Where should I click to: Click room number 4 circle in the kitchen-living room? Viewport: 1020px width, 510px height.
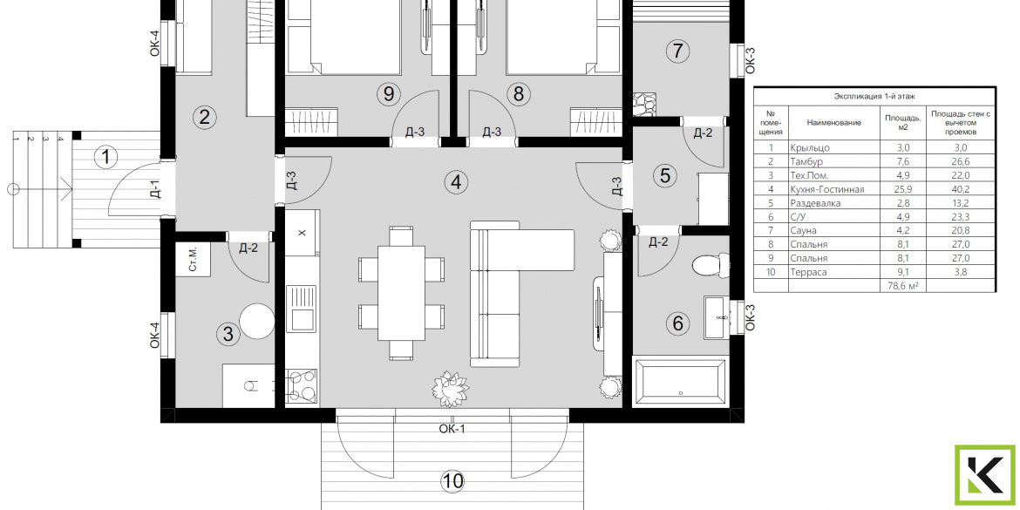[x=457, y=183]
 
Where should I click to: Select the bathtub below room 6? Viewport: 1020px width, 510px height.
[x=680, y=382]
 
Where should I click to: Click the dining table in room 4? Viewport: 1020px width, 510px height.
[x=401, y=293]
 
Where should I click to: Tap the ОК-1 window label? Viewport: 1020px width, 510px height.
[x=452, y=429]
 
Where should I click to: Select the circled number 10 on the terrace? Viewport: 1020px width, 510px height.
[x=452, y=482]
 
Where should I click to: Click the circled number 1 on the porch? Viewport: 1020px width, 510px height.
[x=105, y=157]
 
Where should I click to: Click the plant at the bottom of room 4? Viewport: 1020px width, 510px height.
[x=450, y=388]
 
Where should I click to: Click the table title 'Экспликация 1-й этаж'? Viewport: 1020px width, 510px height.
[x=874, y=96]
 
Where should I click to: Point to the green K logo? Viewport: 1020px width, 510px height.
[x=985, y=475]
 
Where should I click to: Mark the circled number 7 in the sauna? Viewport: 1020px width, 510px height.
[x=678, y=50]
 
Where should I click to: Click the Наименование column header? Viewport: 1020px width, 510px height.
[x=834, y=122]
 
